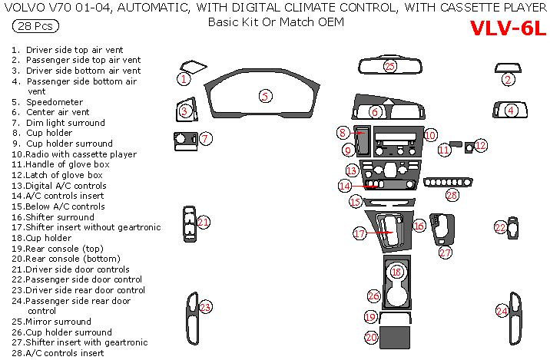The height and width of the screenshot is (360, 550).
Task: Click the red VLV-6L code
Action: [508, 28]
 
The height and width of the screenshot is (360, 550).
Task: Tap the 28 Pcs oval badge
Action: [35, 26]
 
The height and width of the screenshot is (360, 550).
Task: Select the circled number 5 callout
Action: [266, 96]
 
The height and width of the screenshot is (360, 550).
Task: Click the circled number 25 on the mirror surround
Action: [389, 66]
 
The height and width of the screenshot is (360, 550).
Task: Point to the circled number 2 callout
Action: [508, 80]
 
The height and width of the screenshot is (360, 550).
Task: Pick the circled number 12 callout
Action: [481, 146]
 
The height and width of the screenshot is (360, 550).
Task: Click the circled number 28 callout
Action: [452, 194]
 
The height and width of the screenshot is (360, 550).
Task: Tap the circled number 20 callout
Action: [371, 337]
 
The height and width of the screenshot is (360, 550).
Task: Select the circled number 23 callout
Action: [205, 307]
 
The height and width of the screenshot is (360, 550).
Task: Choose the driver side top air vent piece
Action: [193, 67]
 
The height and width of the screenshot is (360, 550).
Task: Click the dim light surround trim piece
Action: [186, 141]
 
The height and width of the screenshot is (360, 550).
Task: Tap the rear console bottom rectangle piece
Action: [395, 337]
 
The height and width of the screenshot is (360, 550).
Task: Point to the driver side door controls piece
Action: [190, 224]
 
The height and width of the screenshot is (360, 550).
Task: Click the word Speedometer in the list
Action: [55, 102]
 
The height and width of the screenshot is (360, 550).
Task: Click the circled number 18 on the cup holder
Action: [396, 272]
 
